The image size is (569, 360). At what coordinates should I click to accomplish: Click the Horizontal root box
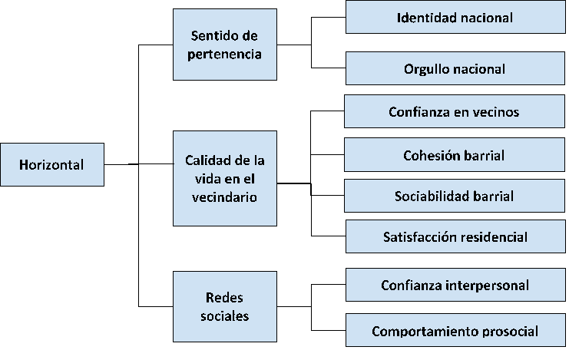pyautogui.click(x=51, y=164)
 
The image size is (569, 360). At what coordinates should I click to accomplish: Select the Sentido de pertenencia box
pyautogui.click(x=225, y=45)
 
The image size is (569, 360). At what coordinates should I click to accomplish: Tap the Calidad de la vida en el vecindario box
pyautogui.click(x=225, y=178)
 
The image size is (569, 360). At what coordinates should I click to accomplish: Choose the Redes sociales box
pyautogui.click(x=225, y=306)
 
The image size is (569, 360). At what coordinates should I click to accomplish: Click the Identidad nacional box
pyautogui.click(x=455, y=16)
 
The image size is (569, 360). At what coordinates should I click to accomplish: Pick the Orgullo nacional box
pyautogui.click(x=455, y=68)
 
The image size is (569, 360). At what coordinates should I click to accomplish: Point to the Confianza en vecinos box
pyautogui.click(x=455, y=111)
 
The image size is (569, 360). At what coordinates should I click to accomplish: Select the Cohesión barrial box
pyautogui.click(x=455, y=155)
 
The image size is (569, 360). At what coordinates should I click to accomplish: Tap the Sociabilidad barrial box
pyautogui.click(x=455, y=197)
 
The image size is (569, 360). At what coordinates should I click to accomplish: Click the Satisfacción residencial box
pyautogui.click(x=455, y=236)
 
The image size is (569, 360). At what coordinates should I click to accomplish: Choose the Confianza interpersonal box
pyautogui.click(x=455, y=286)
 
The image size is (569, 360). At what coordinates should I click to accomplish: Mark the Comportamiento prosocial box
pyautogui.click(x=455, y=332)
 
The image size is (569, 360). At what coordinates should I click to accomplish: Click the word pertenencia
pyautogui.click(x=225, y=54)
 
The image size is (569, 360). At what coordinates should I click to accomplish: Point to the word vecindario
pyautogui.click(x=225, y=197)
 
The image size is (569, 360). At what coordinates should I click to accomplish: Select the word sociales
pyautogui.click(x=225, y=315)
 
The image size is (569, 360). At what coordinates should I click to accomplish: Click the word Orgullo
pyautogui.click(x=425, y=68)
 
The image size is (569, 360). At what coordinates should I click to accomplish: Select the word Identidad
pyautogui.click(x=425, y=16)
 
